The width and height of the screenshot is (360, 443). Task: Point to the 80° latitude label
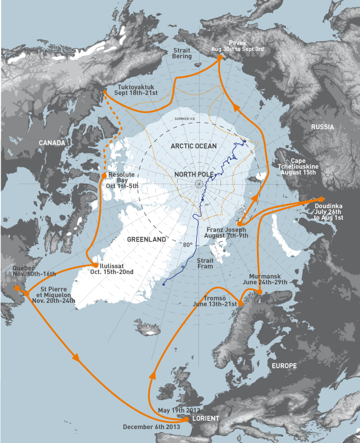(x=188, y=245)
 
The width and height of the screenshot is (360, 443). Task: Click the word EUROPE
(x=284, y=365)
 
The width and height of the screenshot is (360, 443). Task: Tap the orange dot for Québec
(x=16, y=287)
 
